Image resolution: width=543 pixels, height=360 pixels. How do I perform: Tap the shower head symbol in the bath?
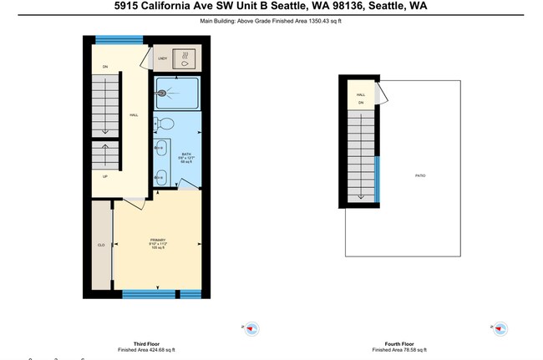[x=161, y=93]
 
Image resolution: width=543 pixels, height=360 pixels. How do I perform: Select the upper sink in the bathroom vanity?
[x=159, y=150]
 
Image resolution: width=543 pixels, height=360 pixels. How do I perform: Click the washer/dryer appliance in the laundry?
[x=182, y=59]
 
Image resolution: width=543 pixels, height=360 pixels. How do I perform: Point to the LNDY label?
[x=162, y=58]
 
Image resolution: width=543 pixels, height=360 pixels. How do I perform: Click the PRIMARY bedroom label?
[x=158, y=241]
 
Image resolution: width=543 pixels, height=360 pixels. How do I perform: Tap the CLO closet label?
[x=101, y=245]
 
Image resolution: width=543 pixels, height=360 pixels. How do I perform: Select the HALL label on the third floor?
[x=133, y=114]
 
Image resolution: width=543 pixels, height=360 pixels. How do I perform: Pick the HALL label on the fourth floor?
[x=361, y=95]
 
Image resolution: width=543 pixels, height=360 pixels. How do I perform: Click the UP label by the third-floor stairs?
[x=105, y=176]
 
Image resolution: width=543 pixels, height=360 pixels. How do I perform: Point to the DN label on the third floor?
[x=105, y=66]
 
